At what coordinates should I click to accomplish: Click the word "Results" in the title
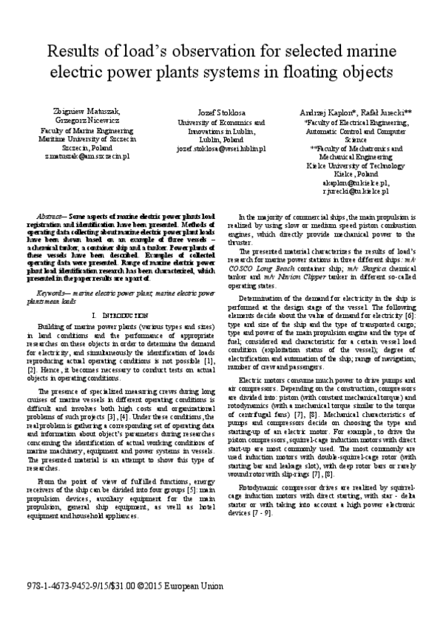(74, 52)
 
